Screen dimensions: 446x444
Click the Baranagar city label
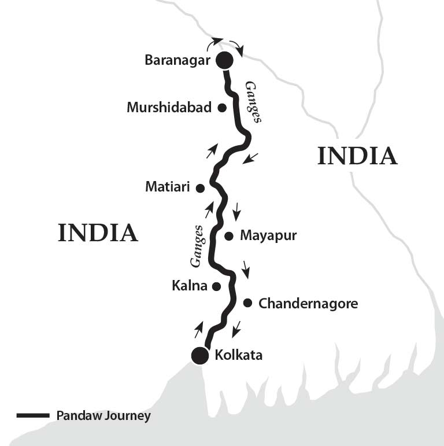[x=179, y=60]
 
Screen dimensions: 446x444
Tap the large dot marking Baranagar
[x=224, y=60]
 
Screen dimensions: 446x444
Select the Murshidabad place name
[x=169, y=108]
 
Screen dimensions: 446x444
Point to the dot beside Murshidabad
[x=221, y=108]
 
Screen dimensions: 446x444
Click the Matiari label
[x=168, y=187]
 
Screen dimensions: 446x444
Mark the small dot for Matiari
[x=200, y=188]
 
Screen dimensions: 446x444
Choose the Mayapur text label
[x=268, y=236]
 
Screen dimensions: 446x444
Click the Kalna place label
[x=189, y=286]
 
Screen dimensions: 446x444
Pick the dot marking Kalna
[x=216, y=286]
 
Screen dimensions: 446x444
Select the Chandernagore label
[x=308, y=303]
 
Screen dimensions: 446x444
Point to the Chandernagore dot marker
[x=247, y=303]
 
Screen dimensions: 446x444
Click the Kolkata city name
[x=238, y=355]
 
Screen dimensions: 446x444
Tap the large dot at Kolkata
[x=200, y=356]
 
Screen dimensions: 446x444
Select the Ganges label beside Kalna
[x=197, y=246]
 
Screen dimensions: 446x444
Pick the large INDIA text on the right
[x=357, y=156]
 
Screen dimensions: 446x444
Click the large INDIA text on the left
[x=98, y=233]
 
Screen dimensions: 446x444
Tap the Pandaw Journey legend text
[x=103, y=416]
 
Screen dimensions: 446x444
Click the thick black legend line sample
[x=33, y=416]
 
